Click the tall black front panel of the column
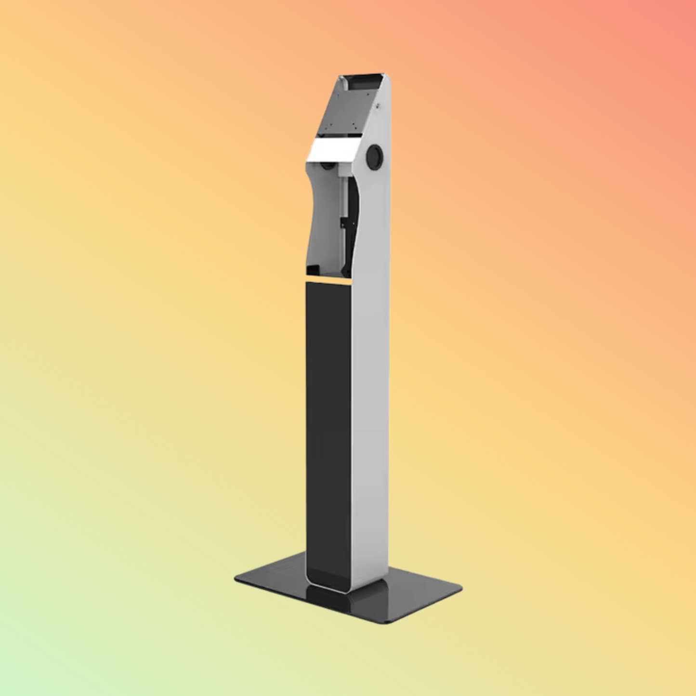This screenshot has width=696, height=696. click(x=328, y=424)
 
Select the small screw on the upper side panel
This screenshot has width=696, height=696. click(x=379, y=106)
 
